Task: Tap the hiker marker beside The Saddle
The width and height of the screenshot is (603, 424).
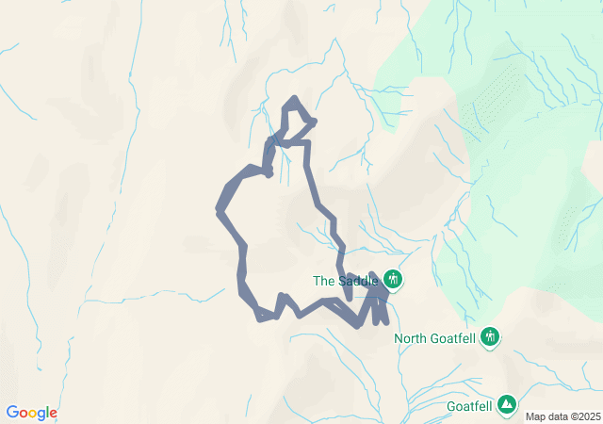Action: (392, 279)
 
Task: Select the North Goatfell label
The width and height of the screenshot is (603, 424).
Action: (434, 338)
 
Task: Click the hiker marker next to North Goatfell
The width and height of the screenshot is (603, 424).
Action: (489, 336)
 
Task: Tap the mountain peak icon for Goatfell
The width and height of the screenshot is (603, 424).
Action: (507, 404)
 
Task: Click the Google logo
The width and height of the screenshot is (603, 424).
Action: (31, 413)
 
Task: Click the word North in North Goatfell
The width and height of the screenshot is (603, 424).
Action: (411, 338)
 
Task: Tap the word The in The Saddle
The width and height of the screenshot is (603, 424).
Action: (323, 280)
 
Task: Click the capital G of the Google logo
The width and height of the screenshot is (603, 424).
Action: (12, 413)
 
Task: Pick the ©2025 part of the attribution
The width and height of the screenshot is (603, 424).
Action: (583, 416)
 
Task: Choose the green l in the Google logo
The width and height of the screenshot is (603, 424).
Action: (48, 413)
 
